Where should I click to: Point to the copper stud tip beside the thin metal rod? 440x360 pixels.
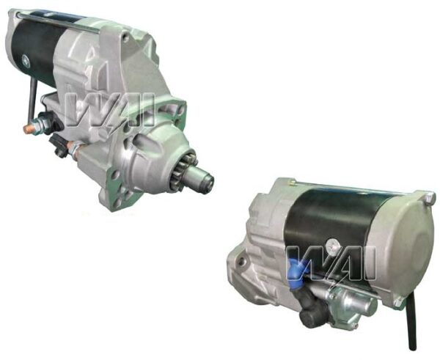(x=27, y=129)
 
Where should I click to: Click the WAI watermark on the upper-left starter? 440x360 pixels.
(x=109, y=111)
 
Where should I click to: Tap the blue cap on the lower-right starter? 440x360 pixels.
(x=296, y=269)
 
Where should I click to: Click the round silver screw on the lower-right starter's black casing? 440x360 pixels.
(x=334, y=246)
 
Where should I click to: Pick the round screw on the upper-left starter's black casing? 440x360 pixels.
(x=26, y=62)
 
